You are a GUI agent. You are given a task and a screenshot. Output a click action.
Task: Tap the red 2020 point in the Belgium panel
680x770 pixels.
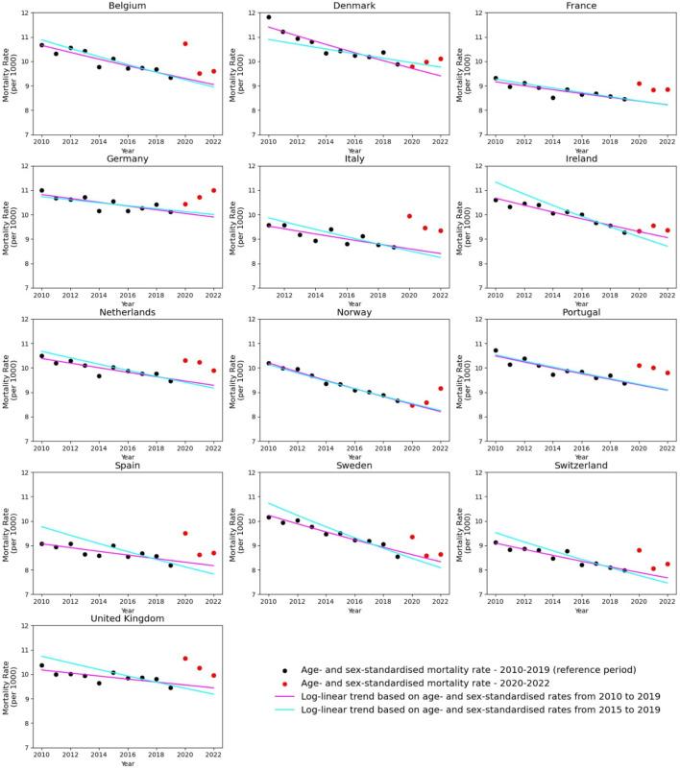click(185, 43)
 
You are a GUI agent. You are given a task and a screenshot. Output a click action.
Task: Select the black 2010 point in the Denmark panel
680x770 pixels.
click(268, 17)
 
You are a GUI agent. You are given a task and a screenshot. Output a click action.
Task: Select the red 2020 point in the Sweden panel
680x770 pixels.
click(412, 537)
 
